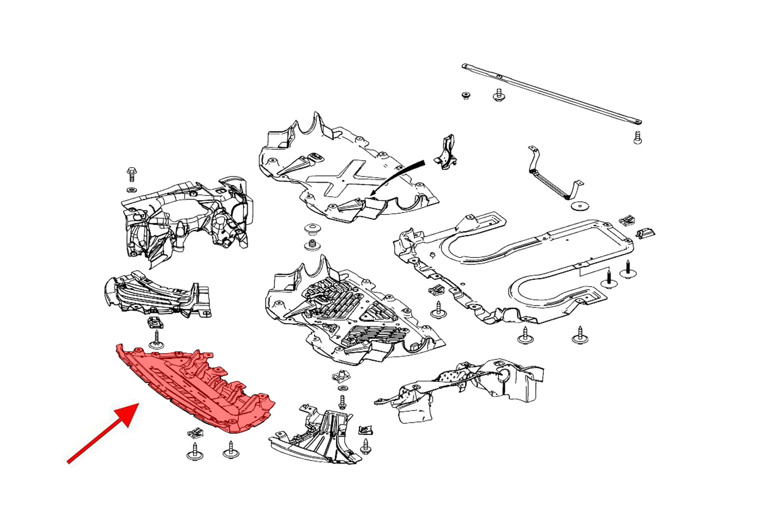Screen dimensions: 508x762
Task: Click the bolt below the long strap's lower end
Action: pos(638,138)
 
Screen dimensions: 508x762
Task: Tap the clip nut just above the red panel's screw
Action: pos(154,322)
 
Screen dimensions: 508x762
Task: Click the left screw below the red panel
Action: pos(194,450)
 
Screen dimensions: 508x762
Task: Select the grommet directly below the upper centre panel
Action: pos(312,229)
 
